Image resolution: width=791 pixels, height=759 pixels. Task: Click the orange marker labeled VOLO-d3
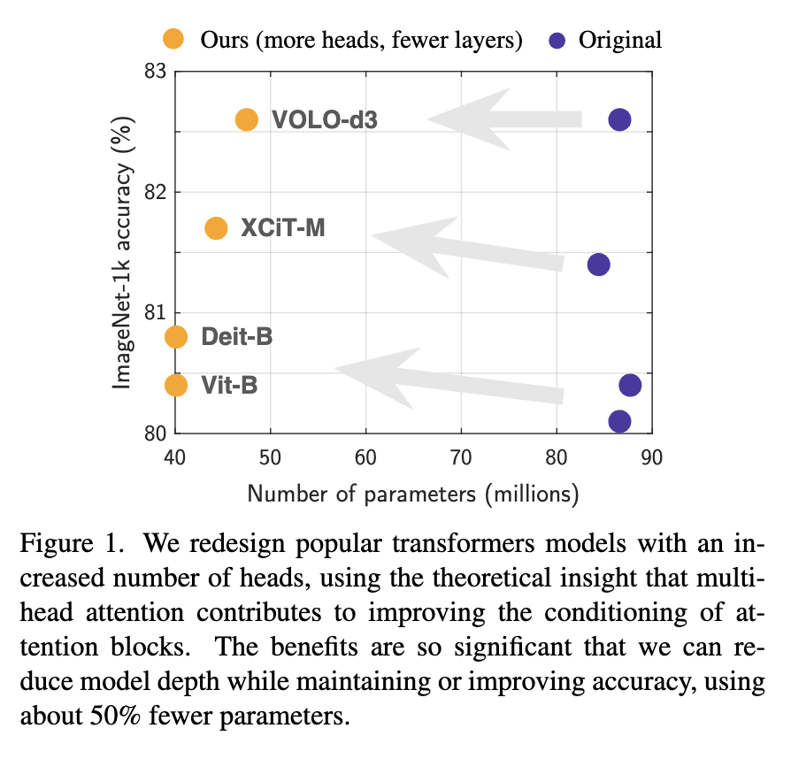point(247,119)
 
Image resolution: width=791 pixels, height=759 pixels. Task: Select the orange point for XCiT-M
point(216,228)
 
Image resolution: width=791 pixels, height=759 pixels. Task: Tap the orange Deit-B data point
point(176,337)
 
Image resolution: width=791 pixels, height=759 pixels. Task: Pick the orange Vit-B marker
point(176,385)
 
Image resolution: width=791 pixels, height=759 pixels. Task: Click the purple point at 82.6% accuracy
point(619,119)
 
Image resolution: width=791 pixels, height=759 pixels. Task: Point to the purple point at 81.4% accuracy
point(598,264)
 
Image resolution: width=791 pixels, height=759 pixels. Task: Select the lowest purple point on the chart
point(619,421)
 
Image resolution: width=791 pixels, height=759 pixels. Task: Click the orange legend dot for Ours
point(173,39)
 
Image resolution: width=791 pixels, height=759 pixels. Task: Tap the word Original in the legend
point(619,40)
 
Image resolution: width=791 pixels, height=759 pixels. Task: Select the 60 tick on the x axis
point(365,457)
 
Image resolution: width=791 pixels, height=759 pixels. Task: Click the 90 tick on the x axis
point(652,457)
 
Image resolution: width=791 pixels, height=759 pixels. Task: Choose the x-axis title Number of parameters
point(412,493)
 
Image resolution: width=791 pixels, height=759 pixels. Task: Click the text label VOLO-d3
point(325,119)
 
